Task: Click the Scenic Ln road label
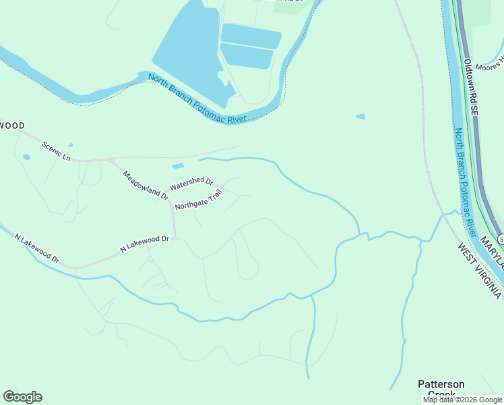(x=56, y=150)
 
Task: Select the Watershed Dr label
(x=191, y=184)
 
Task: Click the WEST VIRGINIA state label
(x=480, y=271)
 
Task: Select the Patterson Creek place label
(x=441, y=389)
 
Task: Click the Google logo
(x=22, y=397)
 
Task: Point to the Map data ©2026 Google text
(x=463, y=400)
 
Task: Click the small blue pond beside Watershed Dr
(x=178, y=166)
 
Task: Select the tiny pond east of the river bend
(x=360, y=117)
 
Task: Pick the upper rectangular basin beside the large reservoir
(x=251, y=35)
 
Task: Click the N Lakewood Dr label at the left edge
(x=37, y=249)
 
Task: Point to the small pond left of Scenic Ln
(x=26, y=157)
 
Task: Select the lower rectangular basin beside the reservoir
(x=246, y=55)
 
